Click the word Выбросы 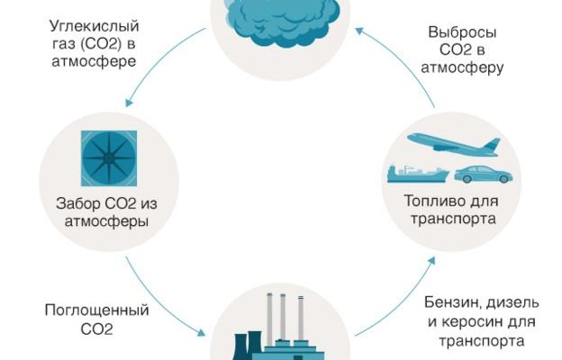pos(461,31)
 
